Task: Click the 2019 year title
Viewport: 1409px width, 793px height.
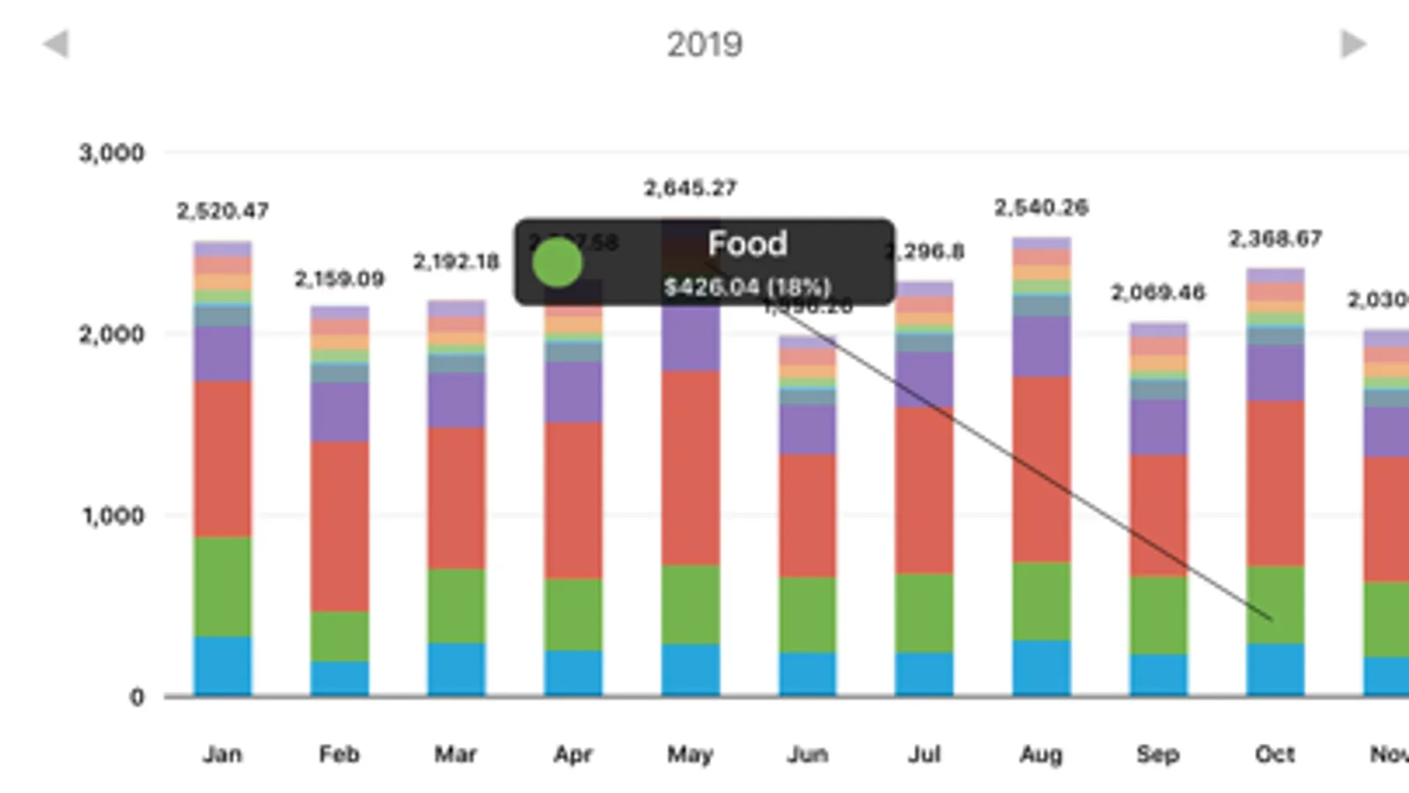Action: pos(704,44)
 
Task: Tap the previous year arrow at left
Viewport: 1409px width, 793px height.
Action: pos(56,44)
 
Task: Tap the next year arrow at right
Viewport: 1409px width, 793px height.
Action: pos(1353,44)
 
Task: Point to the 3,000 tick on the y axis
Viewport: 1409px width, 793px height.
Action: pos(111,153)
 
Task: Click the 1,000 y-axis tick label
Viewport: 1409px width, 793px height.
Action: pos(113,515)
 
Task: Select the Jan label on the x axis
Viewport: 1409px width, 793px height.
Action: pos(222,754)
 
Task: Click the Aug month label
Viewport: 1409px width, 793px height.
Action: pos(1041,754)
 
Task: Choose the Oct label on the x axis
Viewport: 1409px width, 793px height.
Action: pos(1274,754)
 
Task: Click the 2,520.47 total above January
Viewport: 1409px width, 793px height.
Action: pos(222,211)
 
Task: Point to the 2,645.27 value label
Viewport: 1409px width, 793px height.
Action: pos(690,189)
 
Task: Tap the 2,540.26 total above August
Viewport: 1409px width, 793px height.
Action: pos(1041,208)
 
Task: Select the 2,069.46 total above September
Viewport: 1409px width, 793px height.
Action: pos(1157,293)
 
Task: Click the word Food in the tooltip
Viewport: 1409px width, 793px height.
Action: pos(747,244)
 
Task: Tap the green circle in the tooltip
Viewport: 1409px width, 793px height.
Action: pos(557,263)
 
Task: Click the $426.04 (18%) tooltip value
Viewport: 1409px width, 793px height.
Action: pos(747,287)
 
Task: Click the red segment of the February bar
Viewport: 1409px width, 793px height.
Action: pos(339,526)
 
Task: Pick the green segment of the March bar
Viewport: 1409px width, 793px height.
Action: pos(456,605)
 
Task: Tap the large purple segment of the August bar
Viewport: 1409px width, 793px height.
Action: pos(1041,346)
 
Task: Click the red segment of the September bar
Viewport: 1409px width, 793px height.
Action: pos(1157,515)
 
